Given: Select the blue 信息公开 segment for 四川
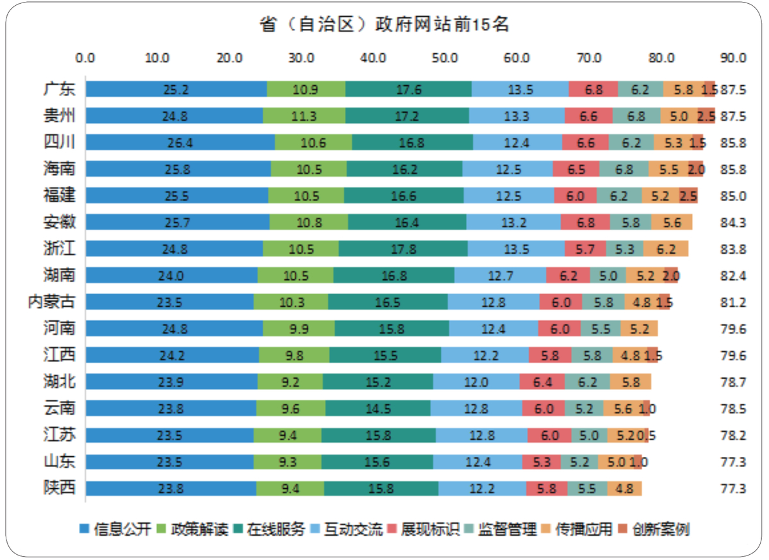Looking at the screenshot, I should click(180, 142).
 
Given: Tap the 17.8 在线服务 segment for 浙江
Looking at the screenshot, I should click(403, 248).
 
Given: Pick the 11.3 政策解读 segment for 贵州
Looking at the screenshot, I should click(304, 116).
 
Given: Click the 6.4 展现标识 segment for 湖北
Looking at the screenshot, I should click(542, 382).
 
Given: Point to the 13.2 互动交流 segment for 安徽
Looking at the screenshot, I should click(513, 222).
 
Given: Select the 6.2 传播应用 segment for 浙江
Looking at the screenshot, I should click(666, 248).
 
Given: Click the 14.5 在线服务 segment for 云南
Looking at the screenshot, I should click(377, 408).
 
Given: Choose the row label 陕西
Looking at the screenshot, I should click(60, 488).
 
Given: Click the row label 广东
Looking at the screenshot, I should click(60, 89).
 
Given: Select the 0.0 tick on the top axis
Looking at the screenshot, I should click(85, 58).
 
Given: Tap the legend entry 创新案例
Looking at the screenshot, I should click(654, 529).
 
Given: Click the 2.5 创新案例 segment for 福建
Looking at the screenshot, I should click(689, 195).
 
